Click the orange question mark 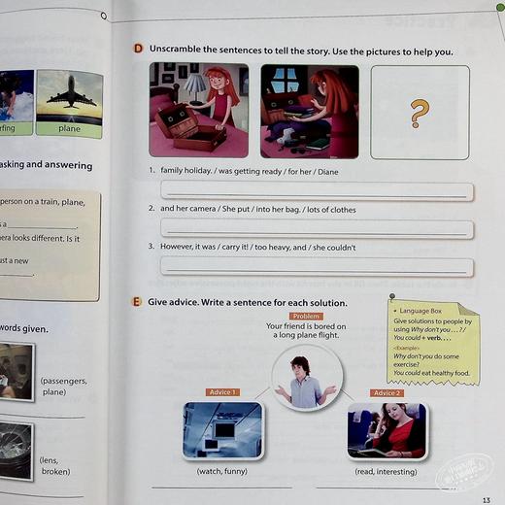tap(419, 114)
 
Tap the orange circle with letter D tap(138, 50)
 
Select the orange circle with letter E tap(137, 302)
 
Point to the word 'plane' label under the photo tap(69, 127)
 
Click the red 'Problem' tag tap(307, 316)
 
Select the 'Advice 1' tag tap(222, 391)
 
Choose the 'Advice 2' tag tap(386, 392)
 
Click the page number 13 tap(487, 499)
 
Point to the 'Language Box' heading tap(423, 311)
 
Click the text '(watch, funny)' tap(221, 471)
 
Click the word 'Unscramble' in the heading tap(181, 50)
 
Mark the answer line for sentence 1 tap(317, 191)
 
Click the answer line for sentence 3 tap(317, 267)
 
